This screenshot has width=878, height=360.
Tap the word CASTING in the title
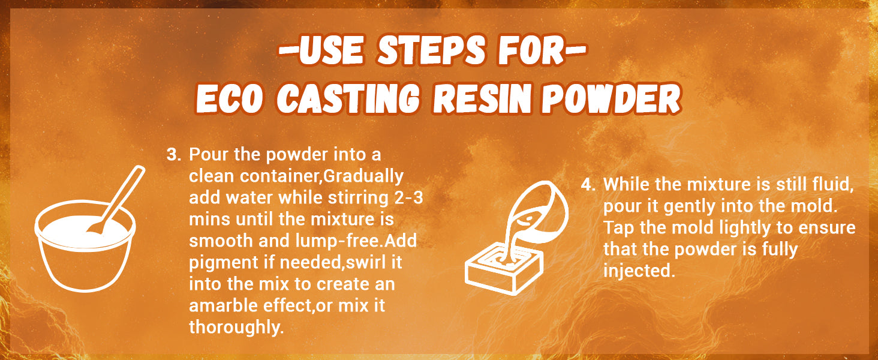350,98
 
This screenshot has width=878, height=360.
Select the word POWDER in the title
611,98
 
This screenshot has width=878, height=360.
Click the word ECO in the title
230,98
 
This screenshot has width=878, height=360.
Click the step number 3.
173,155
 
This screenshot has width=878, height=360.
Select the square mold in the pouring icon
504,271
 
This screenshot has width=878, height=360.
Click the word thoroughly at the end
236,328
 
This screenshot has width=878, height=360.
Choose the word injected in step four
639,271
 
